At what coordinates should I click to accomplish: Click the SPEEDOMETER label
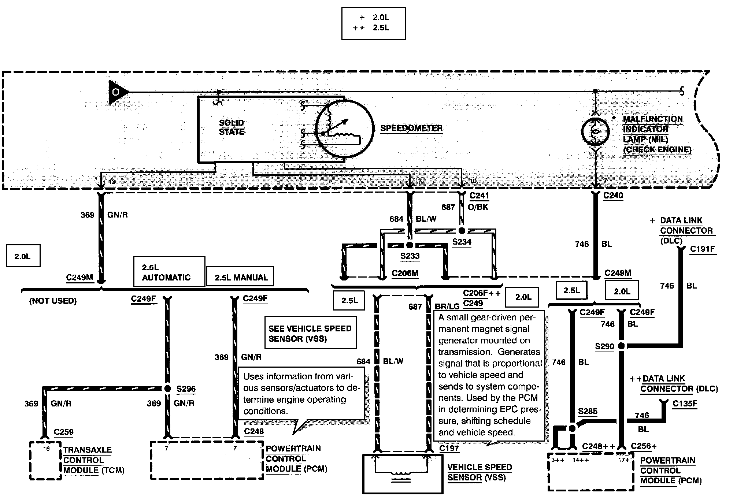[x=411, y=128]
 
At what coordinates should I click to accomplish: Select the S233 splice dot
[x=410, y=245]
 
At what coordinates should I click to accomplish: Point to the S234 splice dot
[x=462, y=231]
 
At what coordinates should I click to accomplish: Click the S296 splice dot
[x=167, y=389]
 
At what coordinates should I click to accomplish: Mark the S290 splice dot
[x=621, y=346]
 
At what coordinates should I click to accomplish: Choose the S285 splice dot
[x=571, y=428]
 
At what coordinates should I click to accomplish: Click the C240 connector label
[x=613, y=196]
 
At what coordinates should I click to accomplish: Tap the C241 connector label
[x=479, y=196]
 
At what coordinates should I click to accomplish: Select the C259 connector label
[x=64, y=432]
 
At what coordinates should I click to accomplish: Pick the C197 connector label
[x=449, y=448]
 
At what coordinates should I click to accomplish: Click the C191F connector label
[x=703, y=249]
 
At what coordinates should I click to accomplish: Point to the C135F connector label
[x=685, y=404]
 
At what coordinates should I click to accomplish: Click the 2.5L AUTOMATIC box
[x=169, y=271]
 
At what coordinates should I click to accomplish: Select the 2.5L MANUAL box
[x=240, y=276]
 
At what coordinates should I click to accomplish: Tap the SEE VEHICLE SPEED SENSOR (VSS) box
[x=310, y=332]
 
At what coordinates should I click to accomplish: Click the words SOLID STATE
[x=232, y=127]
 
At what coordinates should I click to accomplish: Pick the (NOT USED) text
[x=53, y=301]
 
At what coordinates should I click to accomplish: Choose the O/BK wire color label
[x=478, y=207]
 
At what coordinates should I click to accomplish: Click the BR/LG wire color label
[x=447, y=307]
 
